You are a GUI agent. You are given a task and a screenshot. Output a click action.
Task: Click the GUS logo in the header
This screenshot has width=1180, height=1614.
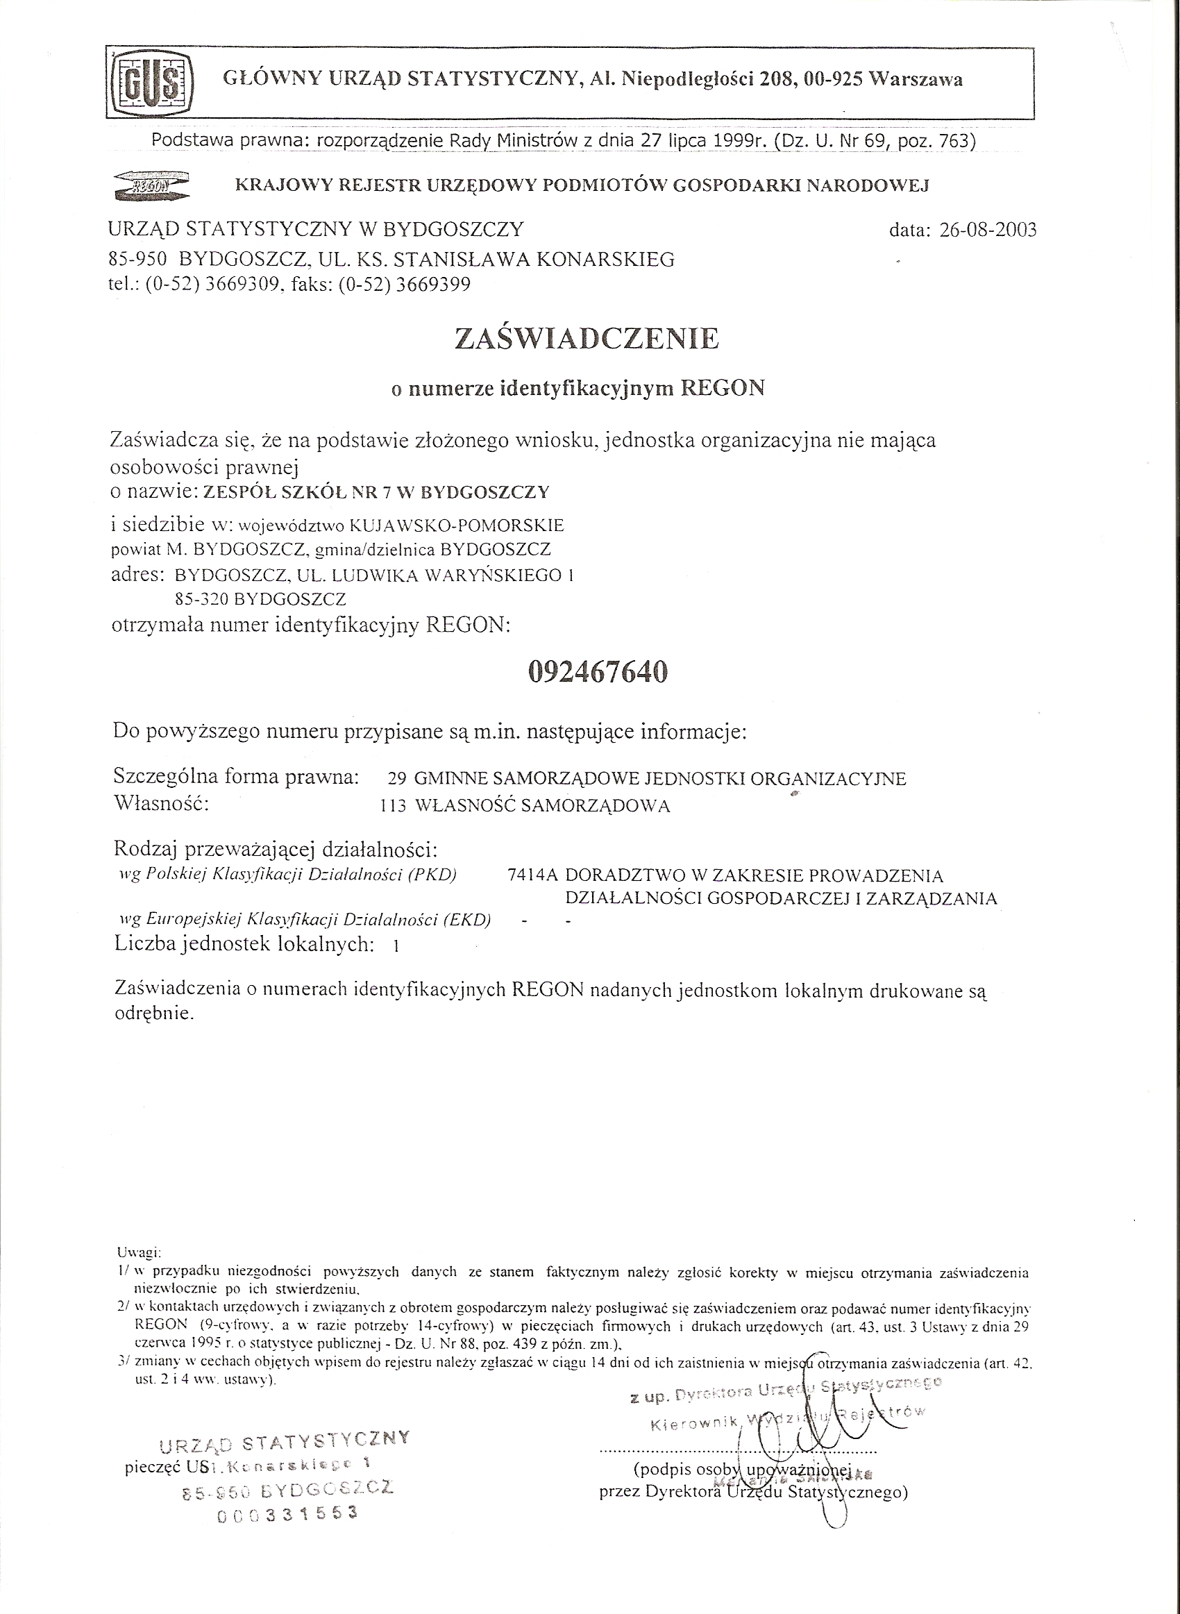pos(152,82)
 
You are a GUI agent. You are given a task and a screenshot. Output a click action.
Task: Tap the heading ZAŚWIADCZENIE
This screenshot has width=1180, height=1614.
pos(587,338)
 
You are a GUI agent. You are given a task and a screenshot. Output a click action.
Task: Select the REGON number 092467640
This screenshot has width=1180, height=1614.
pos(598,672)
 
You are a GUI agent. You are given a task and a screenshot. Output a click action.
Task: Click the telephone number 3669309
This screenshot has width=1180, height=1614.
pos(239,285)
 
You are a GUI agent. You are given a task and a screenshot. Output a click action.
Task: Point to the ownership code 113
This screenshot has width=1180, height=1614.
pos(394,806)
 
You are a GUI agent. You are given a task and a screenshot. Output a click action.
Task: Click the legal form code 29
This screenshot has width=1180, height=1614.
pos(396,779)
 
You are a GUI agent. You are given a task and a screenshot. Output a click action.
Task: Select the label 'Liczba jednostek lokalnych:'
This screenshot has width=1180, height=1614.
pos(244,944)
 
